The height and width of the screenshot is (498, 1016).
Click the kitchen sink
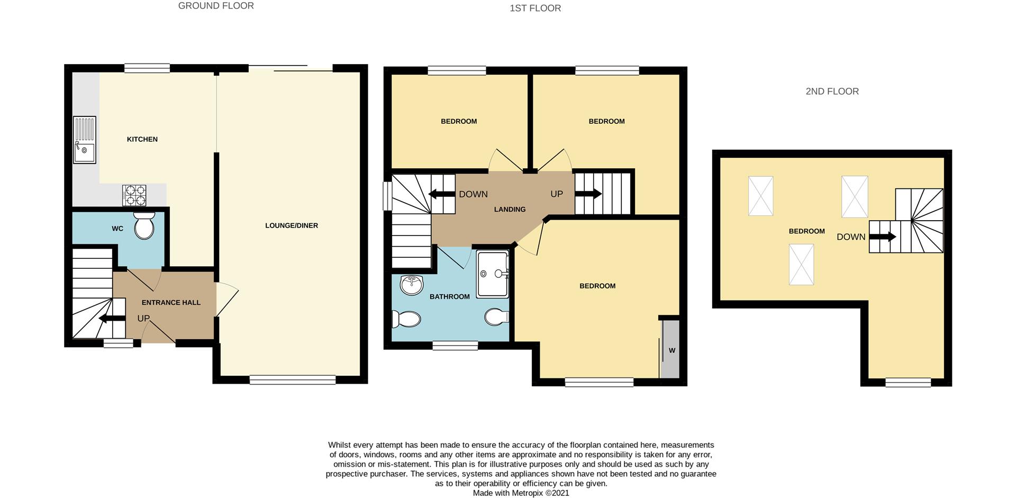click(85, 140)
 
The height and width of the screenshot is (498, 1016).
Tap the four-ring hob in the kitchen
click(134, 195)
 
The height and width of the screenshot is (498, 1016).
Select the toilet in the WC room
click(144, 226)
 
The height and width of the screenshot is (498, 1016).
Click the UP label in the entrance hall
click(143, 319)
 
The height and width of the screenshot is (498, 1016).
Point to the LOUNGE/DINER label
click(292, 225)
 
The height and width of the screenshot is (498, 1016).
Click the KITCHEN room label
click(142, 139)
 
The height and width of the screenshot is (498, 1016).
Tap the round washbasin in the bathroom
click(412, 285)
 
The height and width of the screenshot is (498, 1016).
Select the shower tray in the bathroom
click(493, 274)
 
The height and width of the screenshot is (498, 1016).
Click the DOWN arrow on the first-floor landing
click(442, 194)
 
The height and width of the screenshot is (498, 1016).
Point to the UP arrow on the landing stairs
click(588, 194)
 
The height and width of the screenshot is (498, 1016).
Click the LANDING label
click(510, 210)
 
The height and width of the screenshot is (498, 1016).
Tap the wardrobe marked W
click(670, 349)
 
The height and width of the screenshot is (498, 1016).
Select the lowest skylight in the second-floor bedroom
click(802, 265)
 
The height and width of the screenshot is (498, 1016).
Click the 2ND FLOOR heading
click(832, 92)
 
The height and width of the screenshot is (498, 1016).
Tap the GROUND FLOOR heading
click(216, 6)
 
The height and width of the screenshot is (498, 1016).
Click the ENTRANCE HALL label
click(171, 303)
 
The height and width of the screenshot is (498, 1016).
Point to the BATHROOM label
click(450, 297)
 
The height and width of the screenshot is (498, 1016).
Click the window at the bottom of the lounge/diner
click(293, 379)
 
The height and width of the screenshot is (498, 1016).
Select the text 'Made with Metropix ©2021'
click(521, 493)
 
